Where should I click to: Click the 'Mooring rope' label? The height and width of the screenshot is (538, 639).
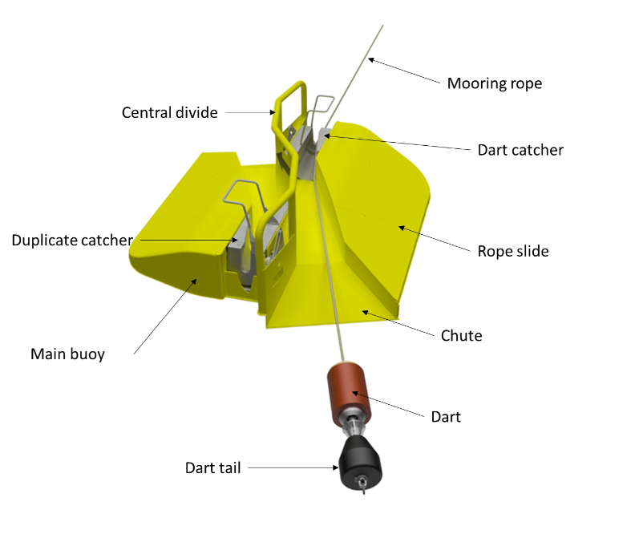click(x=494, y=83)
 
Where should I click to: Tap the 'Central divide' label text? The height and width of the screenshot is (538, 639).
click(x=169, y=113)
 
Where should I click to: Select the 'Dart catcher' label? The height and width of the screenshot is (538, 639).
click(x=520, y=150)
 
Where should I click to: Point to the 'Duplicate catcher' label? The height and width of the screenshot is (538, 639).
click(x=71, y=241)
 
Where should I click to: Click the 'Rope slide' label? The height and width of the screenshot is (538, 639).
click(x=513, y=251)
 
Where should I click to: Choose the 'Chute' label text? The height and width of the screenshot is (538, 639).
click(x=462, y=335)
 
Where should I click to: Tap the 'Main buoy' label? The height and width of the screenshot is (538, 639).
click(x=67, y=354)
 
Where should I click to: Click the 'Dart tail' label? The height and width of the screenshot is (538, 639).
click(x=212, y=467)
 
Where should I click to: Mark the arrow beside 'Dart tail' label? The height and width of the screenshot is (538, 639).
click(x=293, y=467)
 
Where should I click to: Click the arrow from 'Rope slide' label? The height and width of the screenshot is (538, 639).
click(x=433, y=239)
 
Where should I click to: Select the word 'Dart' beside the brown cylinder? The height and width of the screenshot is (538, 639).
click(x=446, y=416)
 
